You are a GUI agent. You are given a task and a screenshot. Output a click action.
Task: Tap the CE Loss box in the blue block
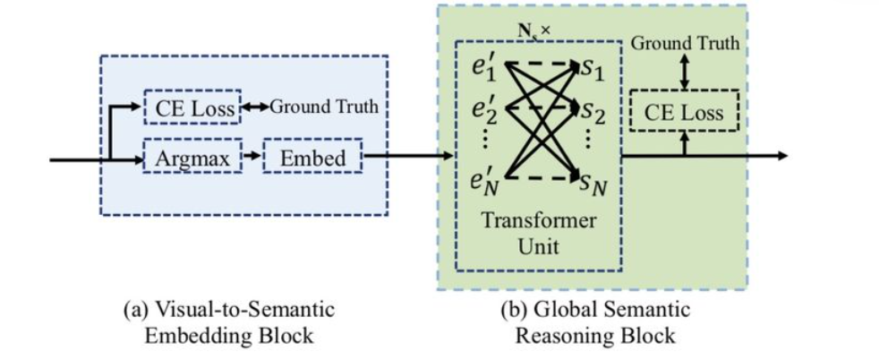coord(192,107)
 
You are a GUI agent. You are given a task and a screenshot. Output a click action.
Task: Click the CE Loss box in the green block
coord(684,111)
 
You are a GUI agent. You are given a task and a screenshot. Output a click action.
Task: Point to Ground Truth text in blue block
coord(325,107)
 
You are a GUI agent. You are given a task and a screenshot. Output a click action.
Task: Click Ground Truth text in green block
coord(686,43)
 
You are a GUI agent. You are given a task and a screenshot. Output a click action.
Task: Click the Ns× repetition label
coord(533,30)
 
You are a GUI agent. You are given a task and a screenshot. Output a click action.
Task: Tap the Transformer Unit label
coord(538,233)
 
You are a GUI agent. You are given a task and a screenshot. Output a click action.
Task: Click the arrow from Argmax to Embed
coord(252,156)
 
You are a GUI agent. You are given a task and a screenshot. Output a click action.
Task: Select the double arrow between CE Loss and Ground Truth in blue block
coord(255,107)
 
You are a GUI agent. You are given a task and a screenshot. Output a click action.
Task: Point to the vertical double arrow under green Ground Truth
coord(684,72)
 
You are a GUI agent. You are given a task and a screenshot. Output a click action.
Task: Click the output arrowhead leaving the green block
coord(782,155)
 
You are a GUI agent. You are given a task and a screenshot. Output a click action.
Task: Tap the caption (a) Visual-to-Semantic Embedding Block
coord(229,321)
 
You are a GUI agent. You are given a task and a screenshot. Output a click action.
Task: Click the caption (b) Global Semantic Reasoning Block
coord(595,321)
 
